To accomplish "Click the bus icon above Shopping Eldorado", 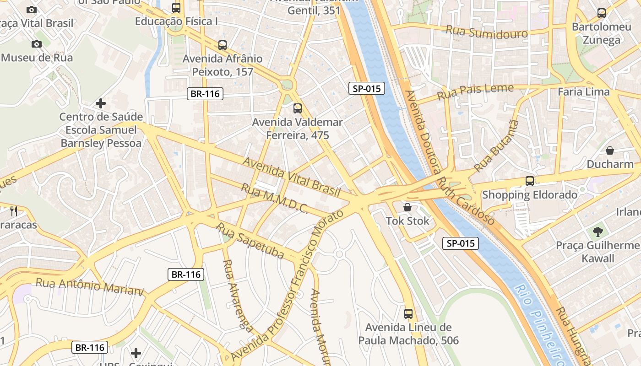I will tap(530, 181).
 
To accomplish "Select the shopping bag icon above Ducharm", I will tap(610, 150).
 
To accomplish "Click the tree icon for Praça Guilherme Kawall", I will tap(598, 231).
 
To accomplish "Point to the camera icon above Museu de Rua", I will tap(37, 44).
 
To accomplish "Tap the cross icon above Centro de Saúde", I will tap(101, 103).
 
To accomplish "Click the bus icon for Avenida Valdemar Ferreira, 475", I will tap(298, 108).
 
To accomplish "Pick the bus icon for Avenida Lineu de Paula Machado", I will tap(408, 314).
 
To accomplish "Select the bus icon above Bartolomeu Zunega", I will tap(602, 13).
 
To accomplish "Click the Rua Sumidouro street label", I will tap(486, 32).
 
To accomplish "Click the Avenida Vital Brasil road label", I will tap(291, 177).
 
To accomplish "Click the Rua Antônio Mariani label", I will tap(90, 286).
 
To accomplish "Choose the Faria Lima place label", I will tap(584, 91).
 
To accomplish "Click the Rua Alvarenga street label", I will tap(238, 295).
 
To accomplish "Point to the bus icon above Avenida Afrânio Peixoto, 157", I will tap(223, 45).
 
